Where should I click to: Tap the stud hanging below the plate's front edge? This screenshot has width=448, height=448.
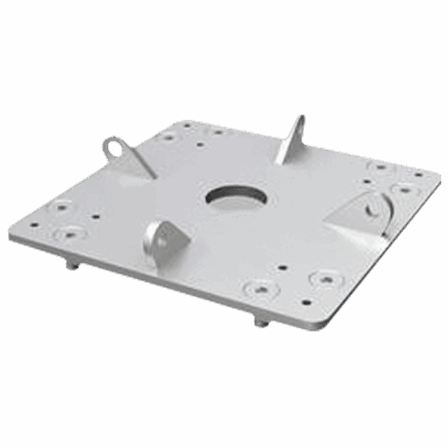259,322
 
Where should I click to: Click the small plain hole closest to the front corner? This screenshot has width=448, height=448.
306,303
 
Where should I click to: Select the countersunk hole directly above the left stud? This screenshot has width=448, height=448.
70,234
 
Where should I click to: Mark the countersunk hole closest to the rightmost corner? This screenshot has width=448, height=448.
405,190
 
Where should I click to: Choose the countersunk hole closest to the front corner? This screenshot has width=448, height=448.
326,279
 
